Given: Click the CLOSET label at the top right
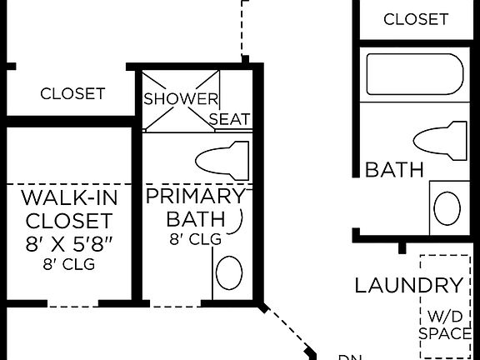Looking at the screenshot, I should coord(416,18).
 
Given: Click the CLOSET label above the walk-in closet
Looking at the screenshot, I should coord(72,93).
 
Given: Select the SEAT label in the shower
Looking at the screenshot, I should coord(229,119).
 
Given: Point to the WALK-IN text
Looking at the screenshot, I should coord(69,198).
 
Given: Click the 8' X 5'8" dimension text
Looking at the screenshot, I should coord(69,244).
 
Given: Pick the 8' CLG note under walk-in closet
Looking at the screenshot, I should coord(69,265).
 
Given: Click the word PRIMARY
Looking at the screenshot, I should coord(195,197).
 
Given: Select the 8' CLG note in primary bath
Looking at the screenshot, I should coord(195,239).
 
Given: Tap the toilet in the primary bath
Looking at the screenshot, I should coord(222,159).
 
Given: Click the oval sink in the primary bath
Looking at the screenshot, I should coord(229,272).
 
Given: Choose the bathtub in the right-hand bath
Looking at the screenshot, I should coord(414,75).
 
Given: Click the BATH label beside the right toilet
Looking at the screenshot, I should coord(395,170).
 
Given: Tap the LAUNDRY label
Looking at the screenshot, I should coord(408,286).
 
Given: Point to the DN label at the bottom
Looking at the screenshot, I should coord(349,357).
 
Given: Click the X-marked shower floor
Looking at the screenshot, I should coord(181,101).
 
